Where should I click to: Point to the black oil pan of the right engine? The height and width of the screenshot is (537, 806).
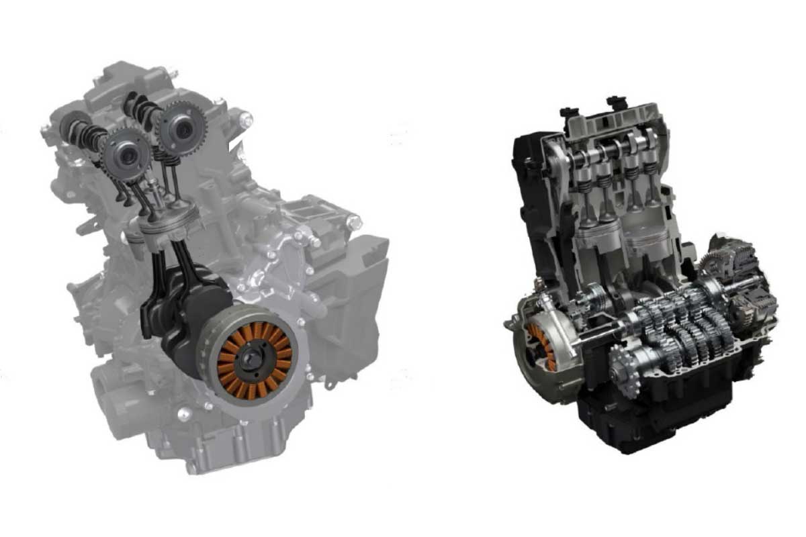(645, 416)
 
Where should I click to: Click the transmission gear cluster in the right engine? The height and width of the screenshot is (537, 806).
(678, 322)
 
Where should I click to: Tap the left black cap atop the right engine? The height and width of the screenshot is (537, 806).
(568, 110)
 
